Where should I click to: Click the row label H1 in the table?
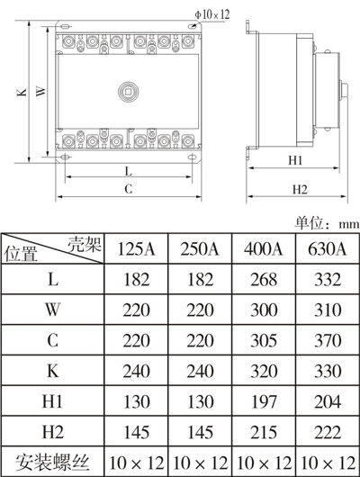[x=53, y=399]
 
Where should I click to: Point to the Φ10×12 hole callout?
[x=211, y=15]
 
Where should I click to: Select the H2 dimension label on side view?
[x=300, y=188]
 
